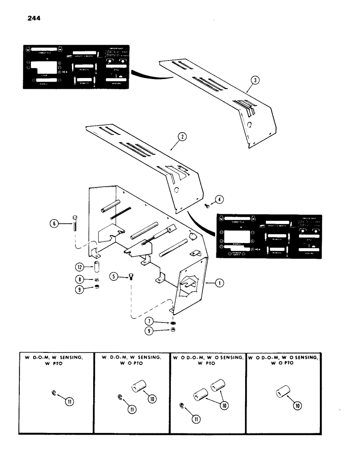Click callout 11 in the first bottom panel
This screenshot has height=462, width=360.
69,396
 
